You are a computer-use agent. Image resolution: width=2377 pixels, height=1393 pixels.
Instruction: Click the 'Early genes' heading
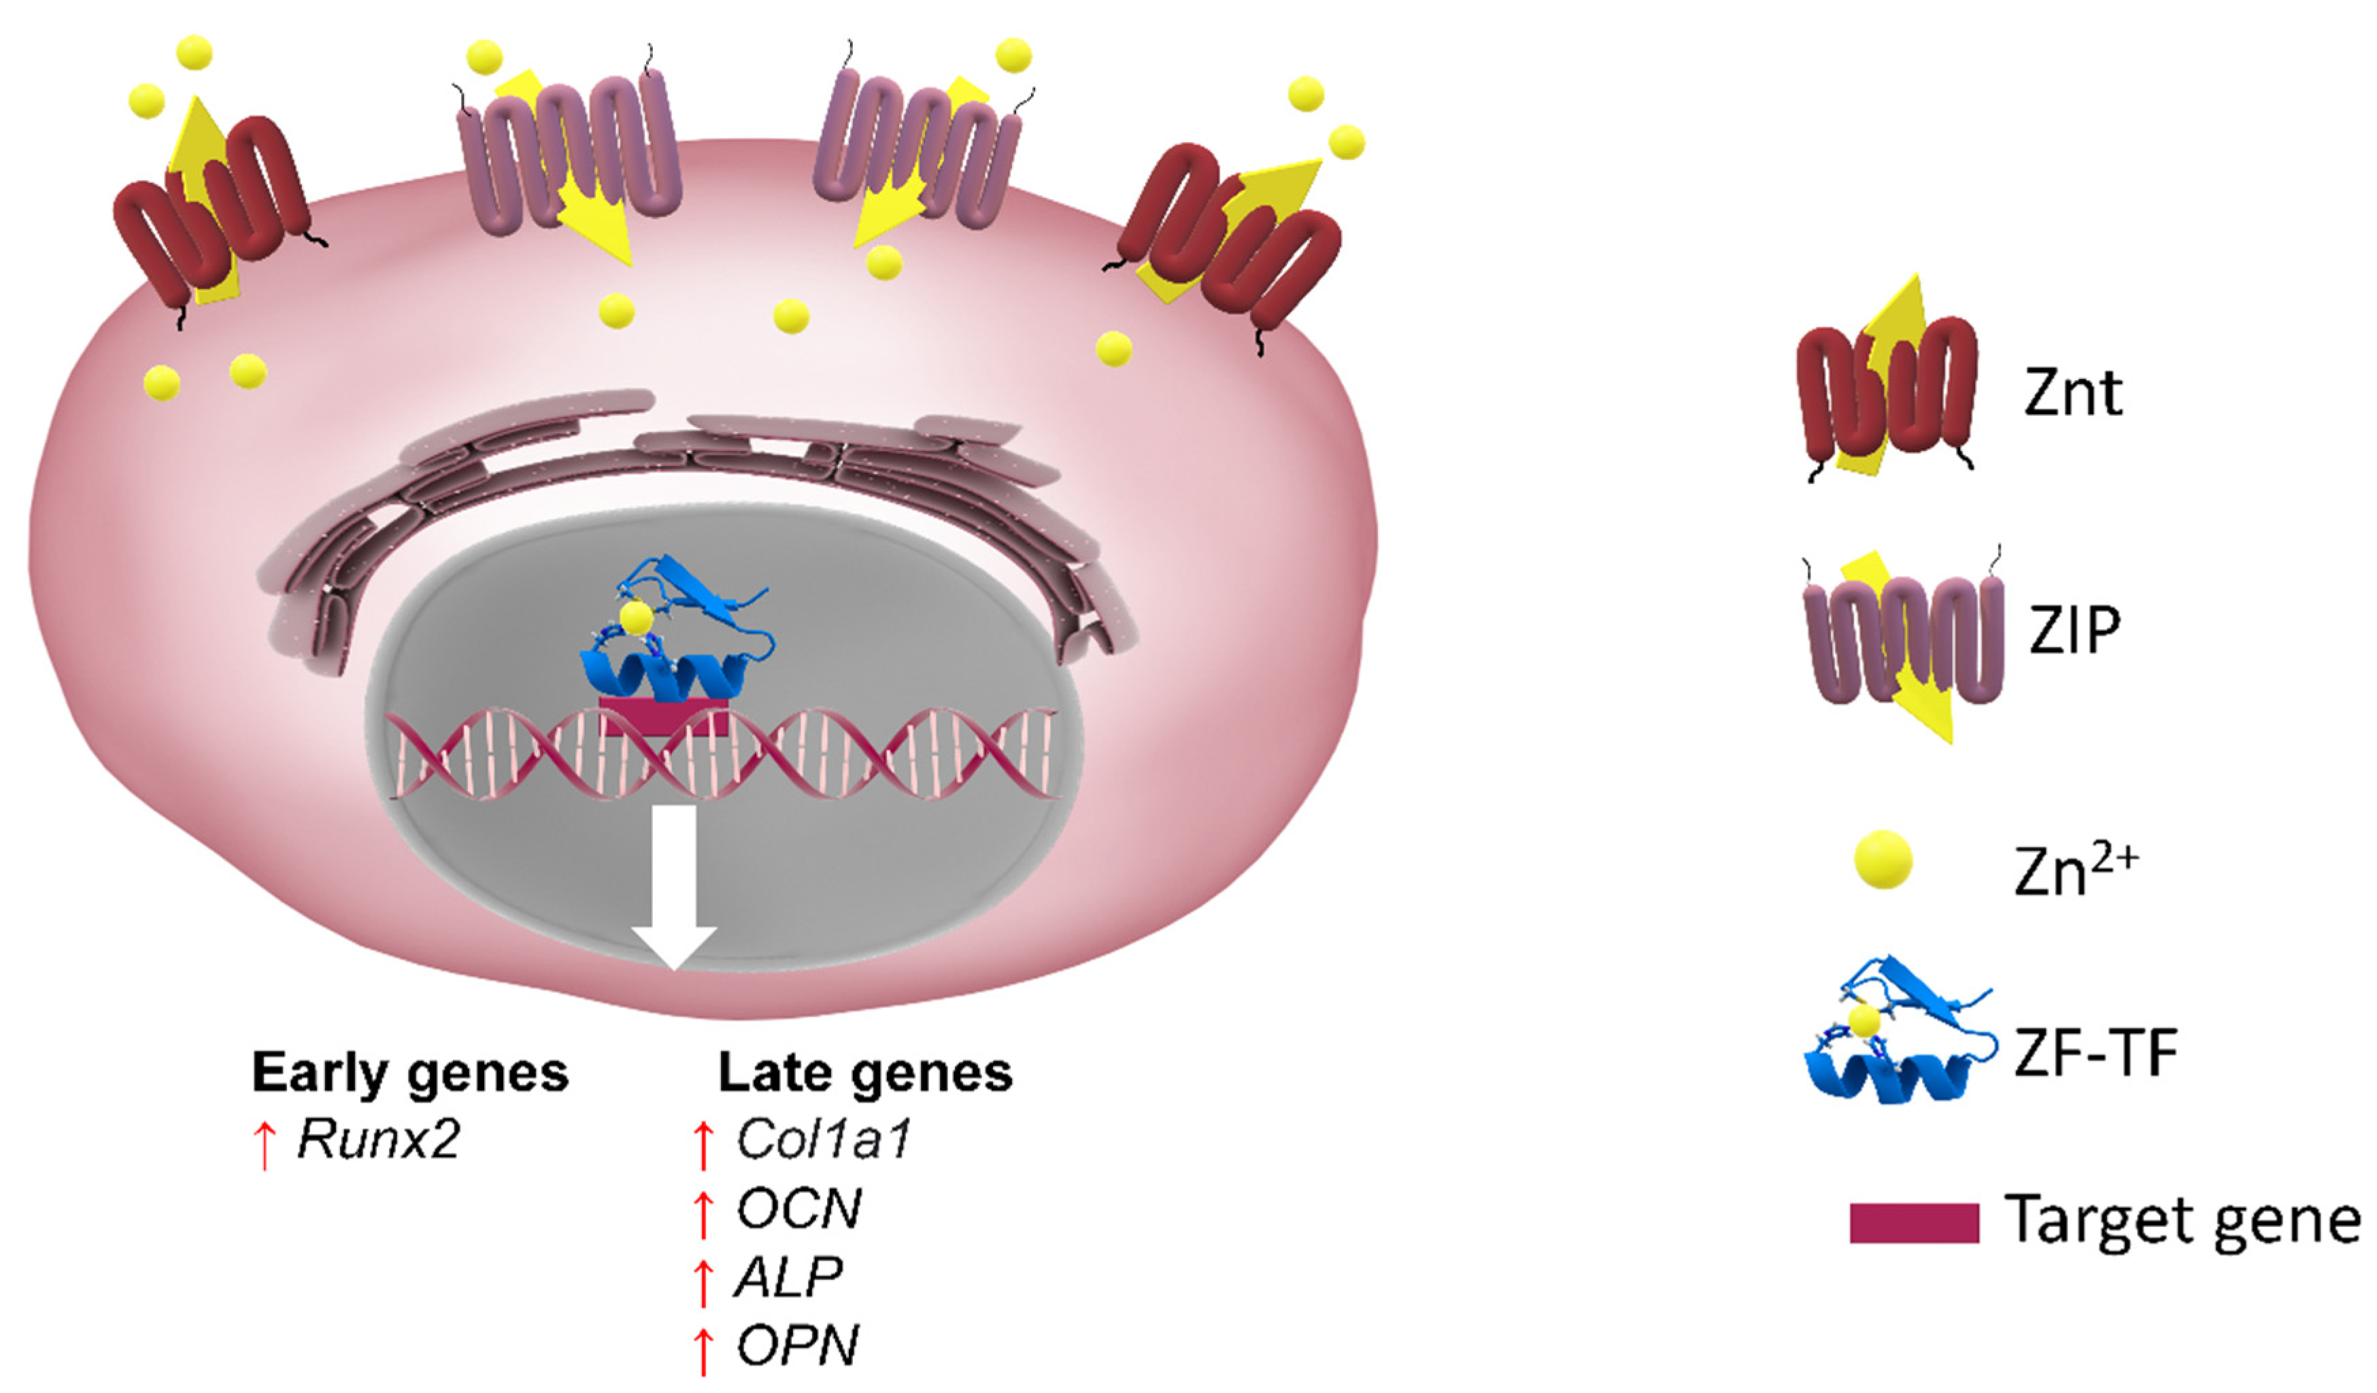[x=409, y=1073]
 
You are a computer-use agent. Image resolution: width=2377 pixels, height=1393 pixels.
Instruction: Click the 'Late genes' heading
[x=865, y=1073]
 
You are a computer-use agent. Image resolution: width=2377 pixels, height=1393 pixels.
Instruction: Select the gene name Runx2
[x=378, y=1139]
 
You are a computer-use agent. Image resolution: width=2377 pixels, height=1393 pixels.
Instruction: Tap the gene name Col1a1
[x=822, y=1139]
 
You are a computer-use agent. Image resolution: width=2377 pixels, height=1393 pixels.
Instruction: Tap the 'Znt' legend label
[x=2072, y=392]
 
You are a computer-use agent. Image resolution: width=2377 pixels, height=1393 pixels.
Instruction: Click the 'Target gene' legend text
[x=2179, y=1222]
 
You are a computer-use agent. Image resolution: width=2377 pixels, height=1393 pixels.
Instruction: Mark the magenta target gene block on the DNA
[x=663, y=714]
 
